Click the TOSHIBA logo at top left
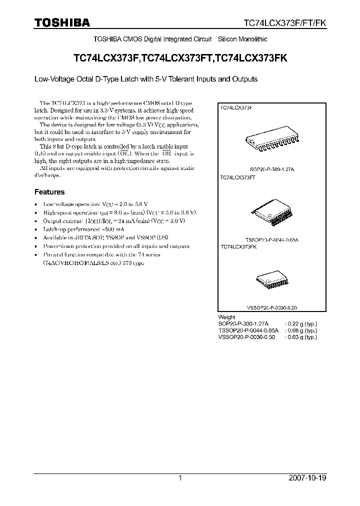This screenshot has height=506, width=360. [x=61, y=22]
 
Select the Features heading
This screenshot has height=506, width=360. [x=49, y=192]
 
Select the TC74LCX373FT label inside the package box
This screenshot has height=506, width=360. [x=238, y=177]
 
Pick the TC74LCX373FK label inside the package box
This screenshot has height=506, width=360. [x=238, y=247]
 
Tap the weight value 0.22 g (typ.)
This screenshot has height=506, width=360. [x=301, y=323]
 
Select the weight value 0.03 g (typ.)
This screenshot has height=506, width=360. [x=301, y=337]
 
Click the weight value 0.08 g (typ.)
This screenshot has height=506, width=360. [x=301, y=330]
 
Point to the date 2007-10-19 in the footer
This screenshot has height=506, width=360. [x=308, y=478]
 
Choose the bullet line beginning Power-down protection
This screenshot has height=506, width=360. [x=116, y=246]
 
